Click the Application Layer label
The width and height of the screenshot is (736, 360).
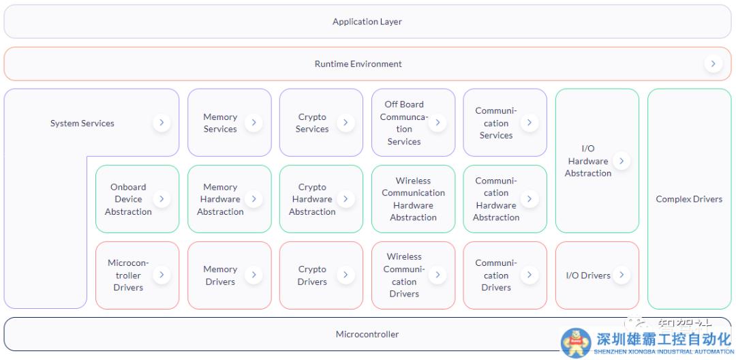(367, 22)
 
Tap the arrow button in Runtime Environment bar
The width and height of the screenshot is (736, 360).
(713, 63)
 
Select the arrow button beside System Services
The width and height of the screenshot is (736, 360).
(162, 123)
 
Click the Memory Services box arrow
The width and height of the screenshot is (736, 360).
(254, 123)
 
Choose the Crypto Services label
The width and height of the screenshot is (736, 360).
(312, 123)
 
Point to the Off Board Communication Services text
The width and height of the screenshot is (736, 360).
(404, 123)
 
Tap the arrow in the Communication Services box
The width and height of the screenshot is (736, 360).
(529, 123)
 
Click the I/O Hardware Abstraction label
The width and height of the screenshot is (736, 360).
(587, 161)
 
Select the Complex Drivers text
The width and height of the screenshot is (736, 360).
(689, 199)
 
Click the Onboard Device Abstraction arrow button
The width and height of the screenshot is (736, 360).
(162, 199)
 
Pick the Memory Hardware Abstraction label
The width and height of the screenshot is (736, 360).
(220, 199)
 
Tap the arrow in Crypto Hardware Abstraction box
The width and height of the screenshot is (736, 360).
(346, 199)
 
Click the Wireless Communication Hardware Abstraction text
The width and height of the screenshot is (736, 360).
(413, 199)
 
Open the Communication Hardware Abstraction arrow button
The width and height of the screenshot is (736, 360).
(529, 199)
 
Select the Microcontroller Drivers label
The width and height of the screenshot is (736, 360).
(128, 275)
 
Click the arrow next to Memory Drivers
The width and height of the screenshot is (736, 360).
(254, 275)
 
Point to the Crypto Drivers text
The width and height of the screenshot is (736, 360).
(312, 275)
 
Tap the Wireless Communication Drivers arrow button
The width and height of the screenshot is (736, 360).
(437, 275)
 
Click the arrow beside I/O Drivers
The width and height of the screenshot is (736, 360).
(621, 275)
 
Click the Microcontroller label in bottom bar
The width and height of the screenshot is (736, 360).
(367, 334)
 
